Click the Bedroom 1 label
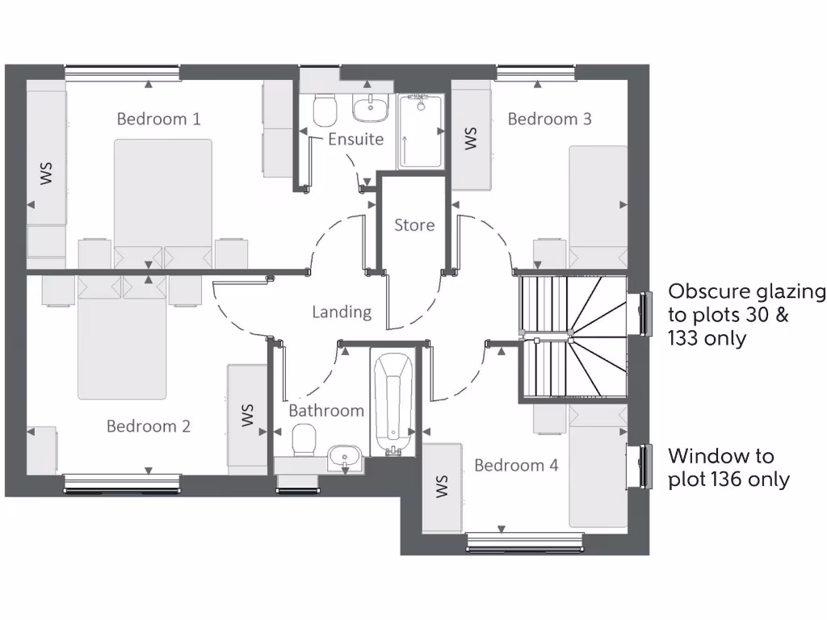click(x=158, y=119)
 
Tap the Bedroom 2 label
click(x=149, y=425)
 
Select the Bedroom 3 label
click(x=549, y=119)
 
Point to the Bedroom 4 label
click(x=515, y=465)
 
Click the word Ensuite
click(x=355, y=139)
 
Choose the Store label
click(x=413, y=225)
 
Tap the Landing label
click(x=342, y=312)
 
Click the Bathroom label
click(x=326, y=410)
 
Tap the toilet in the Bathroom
click(x=304, y=441)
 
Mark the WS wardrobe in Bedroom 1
click(x=46, y=173)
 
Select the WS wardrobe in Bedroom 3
click(x=471, y=137)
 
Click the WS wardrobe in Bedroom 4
click(x=442, y=487)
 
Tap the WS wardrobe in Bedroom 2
click(x=247, y=415)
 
